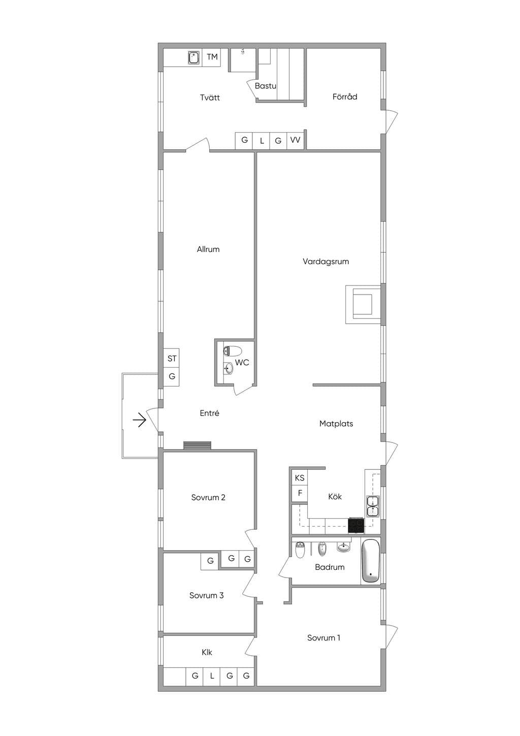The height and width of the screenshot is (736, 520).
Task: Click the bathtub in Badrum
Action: point(371,561)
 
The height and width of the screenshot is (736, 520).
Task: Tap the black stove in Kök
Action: point(356,525)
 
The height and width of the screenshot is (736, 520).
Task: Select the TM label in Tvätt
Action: point(212,57)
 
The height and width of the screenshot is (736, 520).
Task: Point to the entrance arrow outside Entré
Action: point(139,420)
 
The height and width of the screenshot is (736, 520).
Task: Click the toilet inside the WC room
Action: point(232,351)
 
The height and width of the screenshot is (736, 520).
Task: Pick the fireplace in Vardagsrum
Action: point(363,304)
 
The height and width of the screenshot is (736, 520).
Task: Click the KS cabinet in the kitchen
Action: point(300,478)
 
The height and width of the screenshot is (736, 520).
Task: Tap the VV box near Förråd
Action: point(296,140)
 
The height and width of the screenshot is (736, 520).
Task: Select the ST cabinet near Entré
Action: point(172,359)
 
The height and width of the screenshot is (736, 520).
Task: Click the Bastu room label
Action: point(266,86)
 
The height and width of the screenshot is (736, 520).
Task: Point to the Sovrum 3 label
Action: point(206,595)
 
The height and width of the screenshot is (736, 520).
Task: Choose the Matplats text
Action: point(336,424)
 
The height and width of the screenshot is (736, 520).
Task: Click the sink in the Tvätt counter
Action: point(194,57)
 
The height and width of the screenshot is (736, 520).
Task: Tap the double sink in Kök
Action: point(373,506)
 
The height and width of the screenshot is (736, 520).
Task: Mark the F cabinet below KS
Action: point(300,493)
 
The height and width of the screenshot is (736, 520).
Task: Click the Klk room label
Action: point(207,652)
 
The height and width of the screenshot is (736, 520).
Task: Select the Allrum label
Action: point(208,249)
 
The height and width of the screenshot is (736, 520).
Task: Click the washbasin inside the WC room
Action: point(229,368)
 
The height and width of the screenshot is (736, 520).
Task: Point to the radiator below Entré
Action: point(197,445)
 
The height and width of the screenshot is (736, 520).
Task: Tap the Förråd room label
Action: point(345,97)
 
